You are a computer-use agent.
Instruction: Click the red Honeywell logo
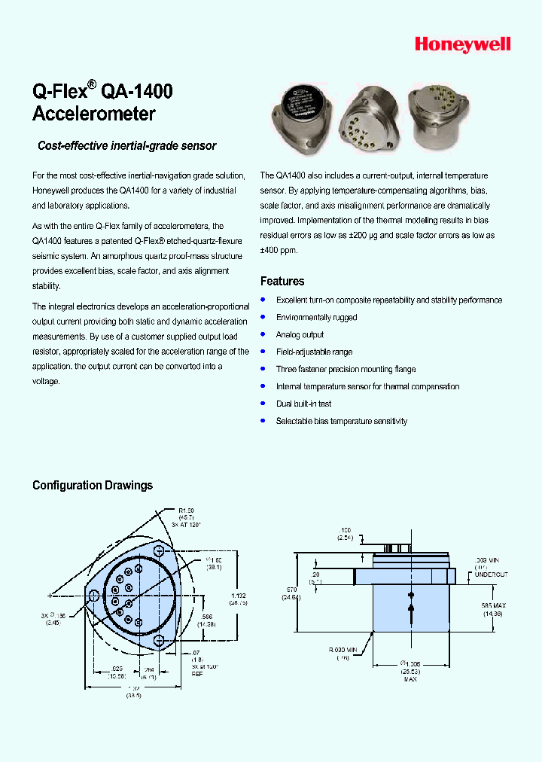462,45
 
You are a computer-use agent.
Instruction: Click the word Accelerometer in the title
94,114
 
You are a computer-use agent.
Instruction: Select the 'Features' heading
282,281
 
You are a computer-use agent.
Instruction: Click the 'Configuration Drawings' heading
93,485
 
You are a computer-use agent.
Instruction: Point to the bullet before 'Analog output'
263,334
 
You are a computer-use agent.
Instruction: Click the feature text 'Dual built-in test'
303,404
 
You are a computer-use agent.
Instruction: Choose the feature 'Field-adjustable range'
314,352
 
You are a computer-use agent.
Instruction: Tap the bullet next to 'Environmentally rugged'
263,316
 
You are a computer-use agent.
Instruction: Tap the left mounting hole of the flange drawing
93,596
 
